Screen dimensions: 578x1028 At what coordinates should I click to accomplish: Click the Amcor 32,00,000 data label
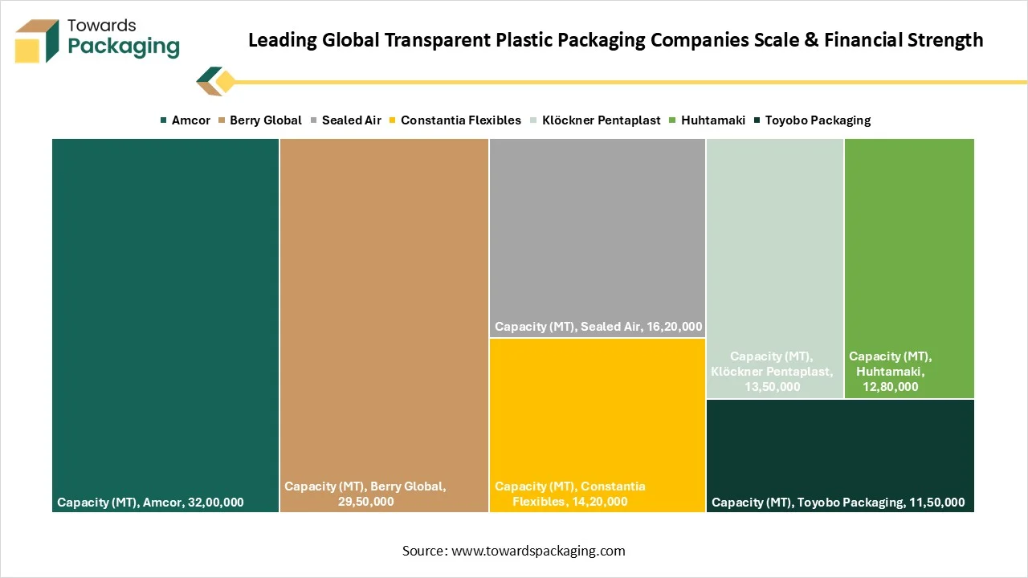tap(150, 503)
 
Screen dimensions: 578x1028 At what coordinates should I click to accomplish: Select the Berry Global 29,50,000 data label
tap(365, 494)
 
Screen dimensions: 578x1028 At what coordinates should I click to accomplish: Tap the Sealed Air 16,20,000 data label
tap(598, 327)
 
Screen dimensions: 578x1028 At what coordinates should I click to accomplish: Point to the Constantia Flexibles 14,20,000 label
tap(570, 494)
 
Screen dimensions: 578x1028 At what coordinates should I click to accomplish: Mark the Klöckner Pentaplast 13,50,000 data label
tap(772, 371)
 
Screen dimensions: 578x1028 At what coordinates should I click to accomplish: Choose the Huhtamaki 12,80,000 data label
tap(890, 371)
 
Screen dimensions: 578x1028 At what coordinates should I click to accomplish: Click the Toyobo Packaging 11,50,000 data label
tap(838, 503)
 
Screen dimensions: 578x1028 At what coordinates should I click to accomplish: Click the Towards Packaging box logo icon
tap(37, 40)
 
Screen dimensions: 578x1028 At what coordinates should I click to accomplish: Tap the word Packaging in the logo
tap(124, 47)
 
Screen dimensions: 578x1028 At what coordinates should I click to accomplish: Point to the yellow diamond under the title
tap(225, 81)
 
